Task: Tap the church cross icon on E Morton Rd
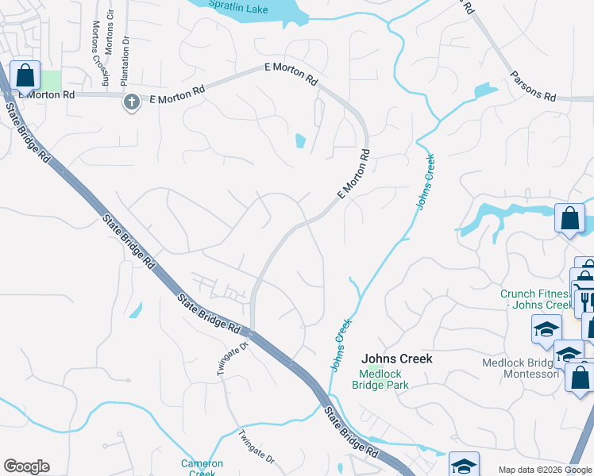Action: pyautogui.click(x=131, y=102)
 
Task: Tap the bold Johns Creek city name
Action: pyautogui.click(x=397, y=359)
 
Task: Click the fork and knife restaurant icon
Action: pyautogui.click(x=586, y=302)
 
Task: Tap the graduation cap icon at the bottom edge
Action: pyautogui.click(x=464, y=464)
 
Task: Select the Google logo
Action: pyautogui.click(x=26, y=466)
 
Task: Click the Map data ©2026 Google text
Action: pyautogui.click(x=544, y=470)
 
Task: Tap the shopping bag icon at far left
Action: pyautogui.click(x=25, y=76)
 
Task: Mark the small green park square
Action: pyautogui.click(x=51, y=80)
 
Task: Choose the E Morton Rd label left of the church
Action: pyautogui.click(x=46, y=94)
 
